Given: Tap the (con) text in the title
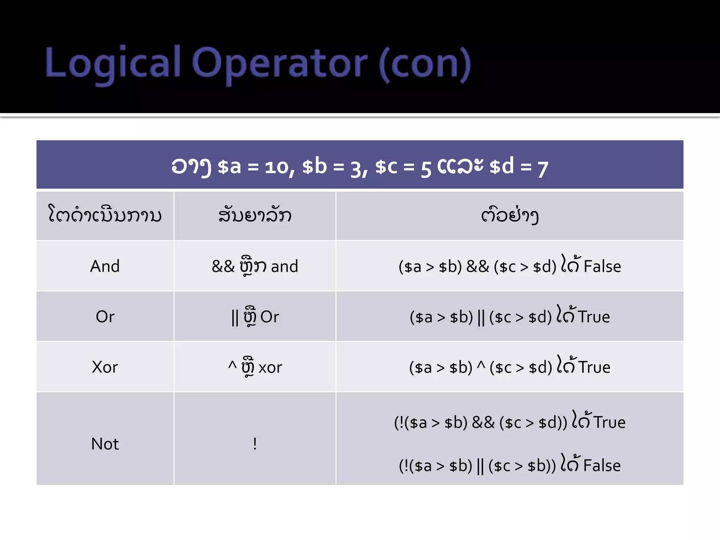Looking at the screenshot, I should tap(425, 64).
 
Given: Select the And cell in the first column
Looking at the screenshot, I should tap(105, 266).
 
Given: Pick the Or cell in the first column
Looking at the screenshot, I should tap(105, 317).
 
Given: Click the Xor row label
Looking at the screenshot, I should tap(105, 367).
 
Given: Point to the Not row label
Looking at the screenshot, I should tap(105, 444).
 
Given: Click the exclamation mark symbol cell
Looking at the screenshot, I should tap(255, 444).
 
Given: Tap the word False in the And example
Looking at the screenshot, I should tap(602, 266).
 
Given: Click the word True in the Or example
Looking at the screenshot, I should tap(594, 317).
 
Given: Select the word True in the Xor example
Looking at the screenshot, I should tap(594, 367).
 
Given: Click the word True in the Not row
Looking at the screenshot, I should tap(610, 422).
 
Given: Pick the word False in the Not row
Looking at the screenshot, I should tap(602, 466).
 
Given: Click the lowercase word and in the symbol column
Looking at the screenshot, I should tap(284, 266).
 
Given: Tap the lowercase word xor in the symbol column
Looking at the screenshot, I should tap(270, 368).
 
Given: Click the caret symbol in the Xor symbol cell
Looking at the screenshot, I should tap(232, 366).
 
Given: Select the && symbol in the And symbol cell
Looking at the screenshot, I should tap(223, 266).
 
